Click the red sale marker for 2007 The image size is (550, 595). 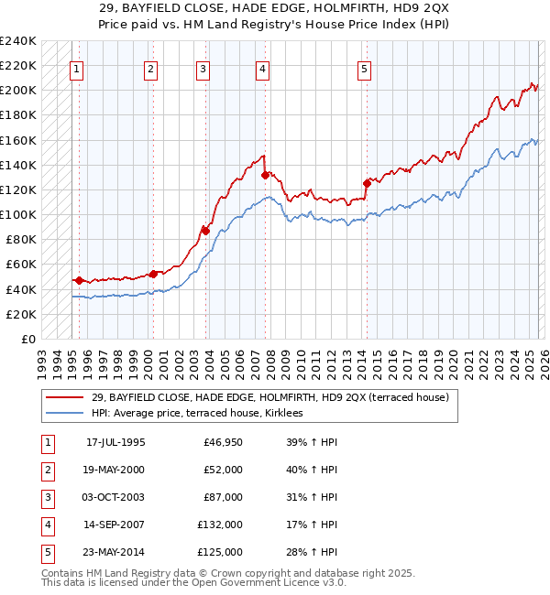(x=265, y=175)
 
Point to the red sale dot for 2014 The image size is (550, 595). (x=367, y=183)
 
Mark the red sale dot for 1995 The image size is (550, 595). (x=80, y=280)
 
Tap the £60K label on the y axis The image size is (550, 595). (x=21, y=265)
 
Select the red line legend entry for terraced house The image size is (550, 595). (x=269, y=397)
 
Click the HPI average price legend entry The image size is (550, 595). (x=203, y=414)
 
